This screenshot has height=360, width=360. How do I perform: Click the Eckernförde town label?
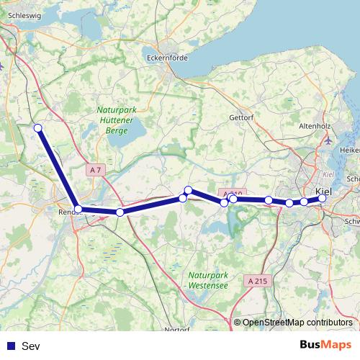166,59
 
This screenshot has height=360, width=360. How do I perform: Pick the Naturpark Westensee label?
207,280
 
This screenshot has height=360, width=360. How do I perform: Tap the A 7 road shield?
96,169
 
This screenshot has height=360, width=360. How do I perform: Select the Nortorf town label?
176,330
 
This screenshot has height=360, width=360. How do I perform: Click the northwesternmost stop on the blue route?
38,128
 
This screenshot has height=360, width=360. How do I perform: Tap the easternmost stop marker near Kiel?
323,198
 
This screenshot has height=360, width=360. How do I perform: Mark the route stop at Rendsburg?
78,209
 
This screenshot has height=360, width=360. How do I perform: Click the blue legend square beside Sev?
10,346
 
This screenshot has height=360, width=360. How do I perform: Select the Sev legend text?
31,346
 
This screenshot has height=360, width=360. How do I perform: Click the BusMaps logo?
325,346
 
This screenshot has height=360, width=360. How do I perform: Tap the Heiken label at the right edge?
350,150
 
